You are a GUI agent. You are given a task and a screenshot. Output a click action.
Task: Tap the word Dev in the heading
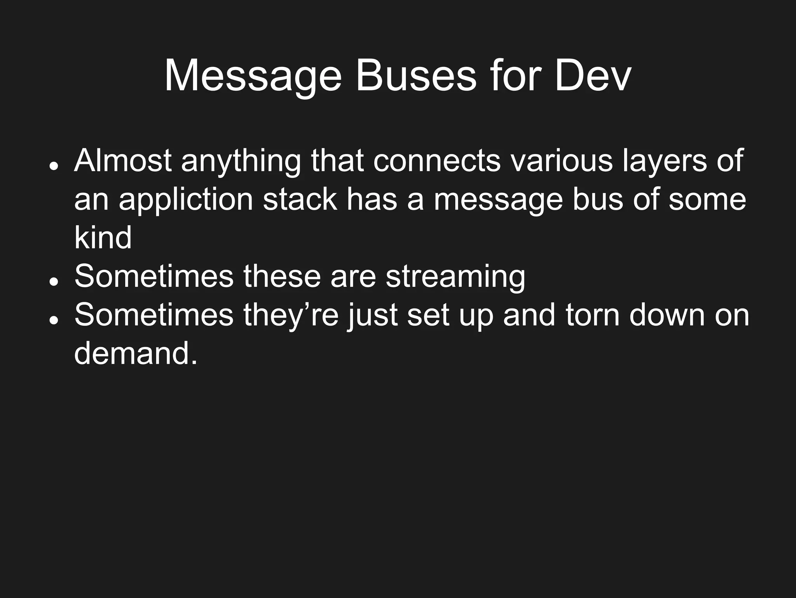coord(593,77)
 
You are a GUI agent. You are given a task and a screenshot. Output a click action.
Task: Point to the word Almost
coord(123,160)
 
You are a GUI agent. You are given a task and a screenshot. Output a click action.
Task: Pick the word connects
coord(437,160)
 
